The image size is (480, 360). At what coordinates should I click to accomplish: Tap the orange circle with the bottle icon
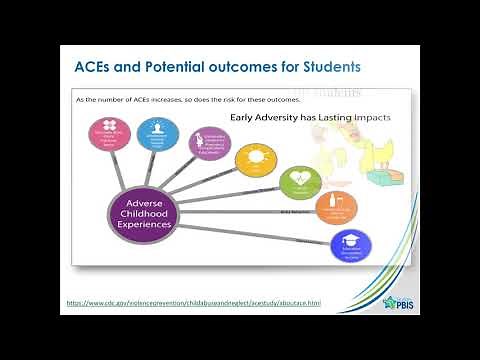click(x=336, y=208)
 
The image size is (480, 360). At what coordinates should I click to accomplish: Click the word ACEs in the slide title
click(x=96, y=67)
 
